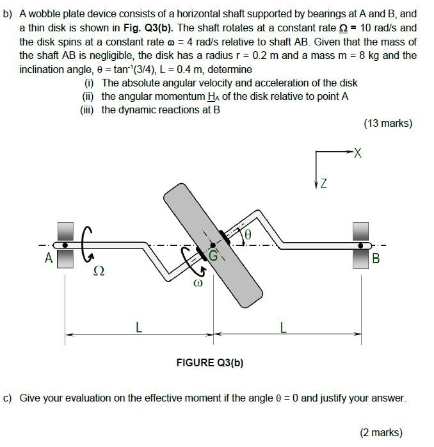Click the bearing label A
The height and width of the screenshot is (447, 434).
(48, 259)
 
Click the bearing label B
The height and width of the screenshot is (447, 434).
(376, 259)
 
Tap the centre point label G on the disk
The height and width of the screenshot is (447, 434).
(214, 254)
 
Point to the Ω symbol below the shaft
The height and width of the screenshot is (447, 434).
(99, 271)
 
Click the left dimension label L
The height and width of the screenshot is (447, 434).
(138, 329)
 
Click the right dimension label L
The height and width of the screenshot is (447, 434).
(283, 329)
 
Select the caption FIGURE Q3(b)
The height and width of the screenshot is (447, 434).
(210, 363)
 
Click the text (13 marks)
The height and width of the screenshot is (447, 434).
(387, 123)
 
